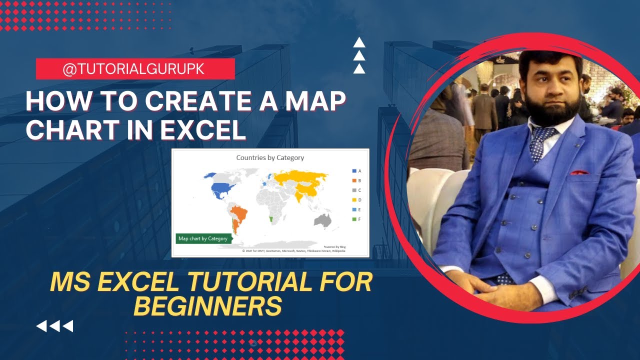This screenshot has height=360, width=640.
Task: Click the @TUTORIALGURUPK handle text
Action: tap(133, 69)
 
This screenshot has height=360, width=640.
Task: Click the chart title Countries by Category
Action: tap(270, 157)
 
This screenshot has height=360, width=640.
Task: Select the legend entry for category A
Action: tap(356, 171)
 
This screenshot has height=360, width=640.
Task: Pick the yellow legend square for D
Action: tap(354, 200)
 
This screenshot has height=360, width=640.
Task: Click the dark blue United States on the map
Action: tap(222, 189)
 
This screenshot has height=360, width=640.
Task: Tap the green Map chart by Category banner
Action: tap(203, 238)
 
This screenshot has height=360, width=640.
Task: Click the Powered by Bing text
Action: tap(334, 247)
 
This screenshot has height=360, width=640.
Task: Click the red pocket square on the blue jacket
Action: tap(579, 172)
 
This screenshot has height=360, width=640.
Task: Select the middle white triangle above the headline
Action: tap(359, 56)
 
